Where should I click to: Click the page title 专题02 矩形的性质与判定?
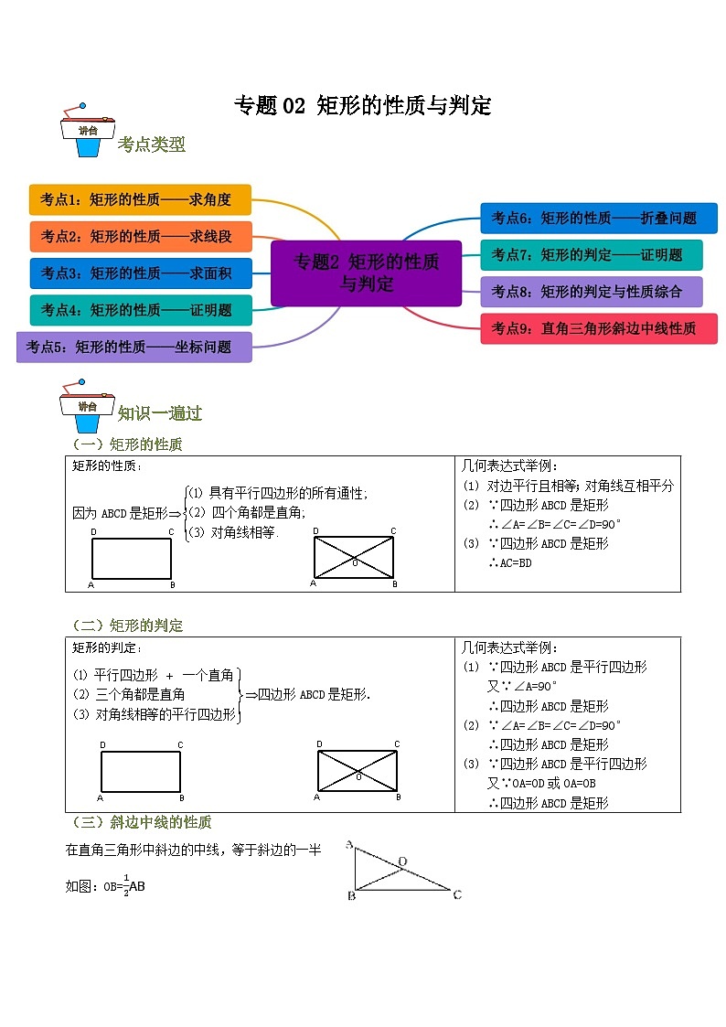[363, 106]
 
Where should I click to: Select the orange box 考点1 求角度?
[140, 199]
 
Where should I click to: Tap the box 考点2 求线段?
[140, 236]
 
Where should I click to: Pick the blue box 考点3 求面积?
[140, 273]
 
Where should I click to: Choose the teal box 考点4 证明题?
[140, 310]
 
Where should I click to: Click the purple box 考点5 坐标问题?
[133, 347]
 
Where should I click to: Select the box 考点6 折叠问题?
[598, 218]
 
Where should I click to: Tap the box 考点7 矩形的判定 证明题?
[592, 254]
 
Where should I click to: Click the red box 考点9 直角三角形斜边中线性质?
[598, 328]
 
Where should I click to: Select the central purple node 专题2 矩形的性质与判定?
[366, 273]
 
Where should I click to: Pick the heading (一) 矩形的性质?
[128, 444]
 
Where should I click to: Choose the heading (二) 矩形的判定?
[128, 626]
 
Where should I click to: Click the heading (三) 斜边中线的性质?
[141, 822]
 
